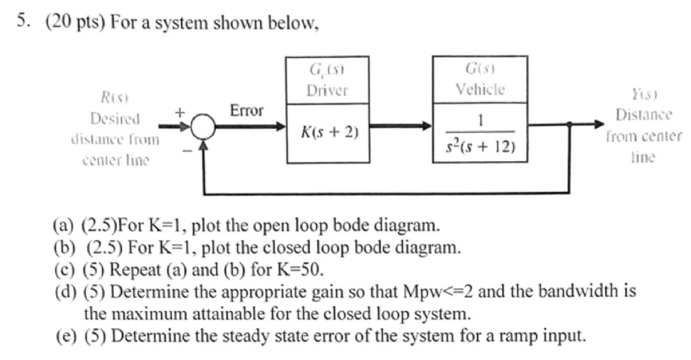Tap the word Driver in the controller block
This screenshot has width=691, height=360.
pos(327,91)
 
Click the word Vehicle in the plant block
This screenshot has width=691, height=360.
pos(480,89)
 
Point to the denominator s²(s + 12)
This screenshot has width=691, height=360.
pos(481,148)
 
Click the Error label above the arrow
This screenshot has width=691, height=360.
pos(246,111)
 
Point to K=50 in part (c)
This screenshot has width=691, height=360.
pos(305,269)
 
